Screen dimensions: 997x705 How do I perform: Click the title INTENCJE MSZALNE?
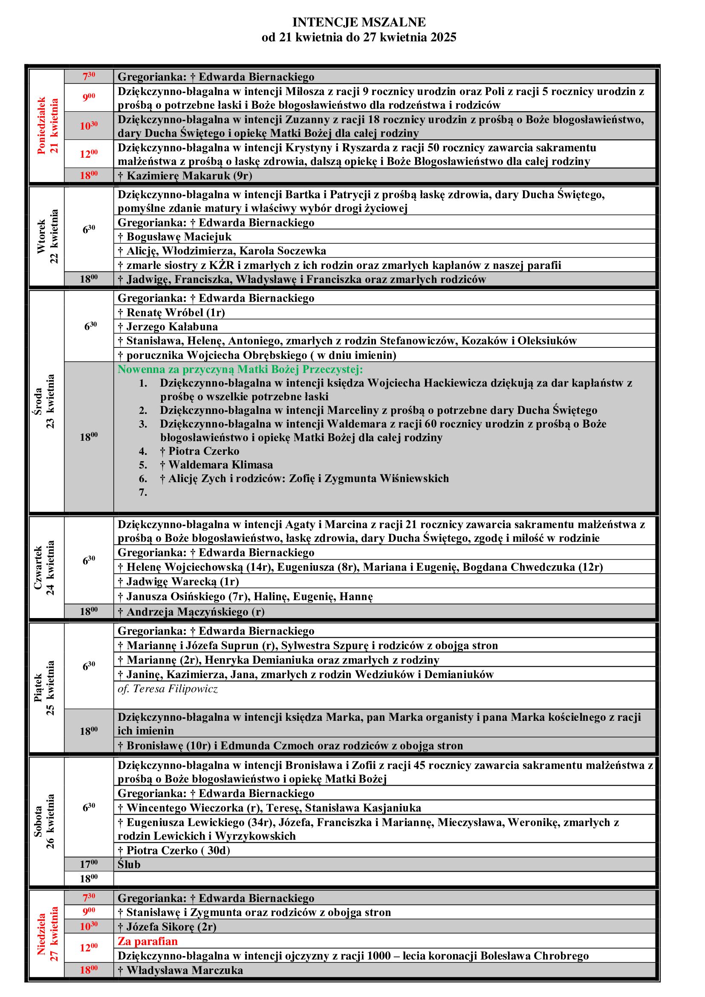pyautogui.click(x=358, y=22)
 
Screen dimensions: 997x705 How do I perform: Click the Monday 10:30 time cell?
pyautogui.click(x=89, y=126)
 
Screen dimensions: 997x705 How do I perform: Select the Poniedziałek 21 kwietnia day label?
pyautogui.click(x=47, y=126)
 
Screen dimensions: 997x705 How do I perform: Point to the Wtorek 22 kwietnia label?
pyautogui.click(x=47, y=237)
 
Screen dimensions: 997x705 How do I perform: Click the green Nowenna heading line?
pyautogui.click(x=240, y=370)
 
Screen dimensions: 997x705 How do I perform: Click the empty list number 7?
pyautogui.click(x=143, y=492)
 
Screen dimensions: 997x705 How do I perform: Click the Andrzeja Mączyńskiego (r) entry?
pyautogui.click(x=195, y=612)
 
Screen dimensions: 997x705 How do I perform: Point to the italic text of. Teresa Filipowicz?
pyautogui.click(x=168, y=689)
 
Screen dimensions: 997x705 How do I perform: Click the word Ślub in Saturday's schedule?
pyautogui.click(x=129, y=864)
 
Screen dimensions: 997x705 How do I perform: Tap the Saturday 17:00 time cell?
pyautogui.click(x=89, y=864)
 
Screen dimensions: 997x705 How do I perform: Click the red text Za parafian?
pyautogui.click(x=147, y=942)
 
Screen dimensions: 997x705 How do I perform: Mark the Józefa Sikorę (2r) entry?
pyautogui.click(x=171, y=927)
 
